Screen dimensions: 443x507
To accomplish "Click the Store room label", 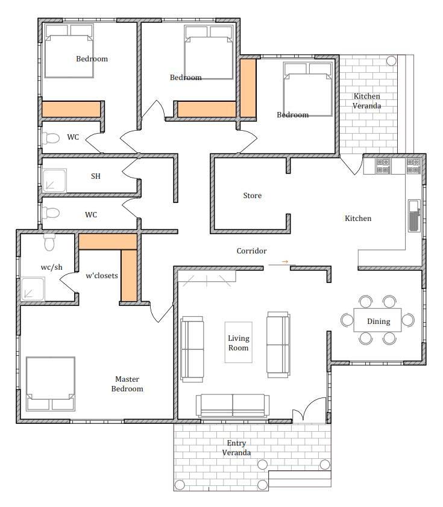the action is tap(252, 195).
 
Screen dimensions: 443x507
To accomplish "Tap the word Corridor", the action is tap(251, 251).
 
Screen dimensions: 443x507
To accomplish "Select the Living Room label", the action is tap(239, 343).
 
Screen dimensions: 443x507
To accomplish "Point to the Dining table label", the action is tap(379, 322).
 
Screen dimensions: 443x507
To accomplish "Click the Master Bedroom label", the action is tap(127, 384).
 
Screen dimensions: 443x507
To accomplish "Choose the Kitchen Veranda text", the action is tap(366, 101).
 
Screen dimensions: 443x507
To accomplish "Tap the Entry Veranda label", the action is tap(236, 447).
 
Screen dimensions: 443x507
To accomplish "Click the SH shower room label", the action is tap(95, 176).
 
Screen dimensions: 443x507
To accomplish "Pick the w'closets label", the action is tap(102, 276).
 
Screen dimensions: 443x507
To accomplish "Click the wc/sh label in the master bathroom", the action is tap(51, 267).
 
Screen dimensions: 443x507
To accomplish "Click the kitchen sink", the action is tap(414, 216).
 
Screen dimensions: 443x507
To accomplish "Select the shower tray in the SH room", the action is tap(54, 181).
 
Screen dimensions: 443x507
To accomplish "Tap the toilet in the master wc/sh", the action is tap(49, 242).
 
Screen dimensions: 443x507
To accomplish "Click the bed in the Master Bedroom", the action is tap(51, 384).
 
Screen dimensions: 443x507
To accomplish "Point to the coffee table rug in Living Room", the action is tap(239, 342).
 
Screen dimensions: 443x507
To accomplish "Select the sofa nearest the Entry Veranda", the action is tap(233, 405).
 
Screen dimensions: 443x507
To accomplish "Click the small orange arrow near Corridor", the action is tap(284, 261).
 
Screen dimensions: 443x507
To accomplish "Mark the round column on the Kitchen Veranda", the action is tap(391, 61).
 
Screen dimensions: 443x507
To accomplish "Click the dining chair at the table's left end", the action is tap(347, 320).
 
